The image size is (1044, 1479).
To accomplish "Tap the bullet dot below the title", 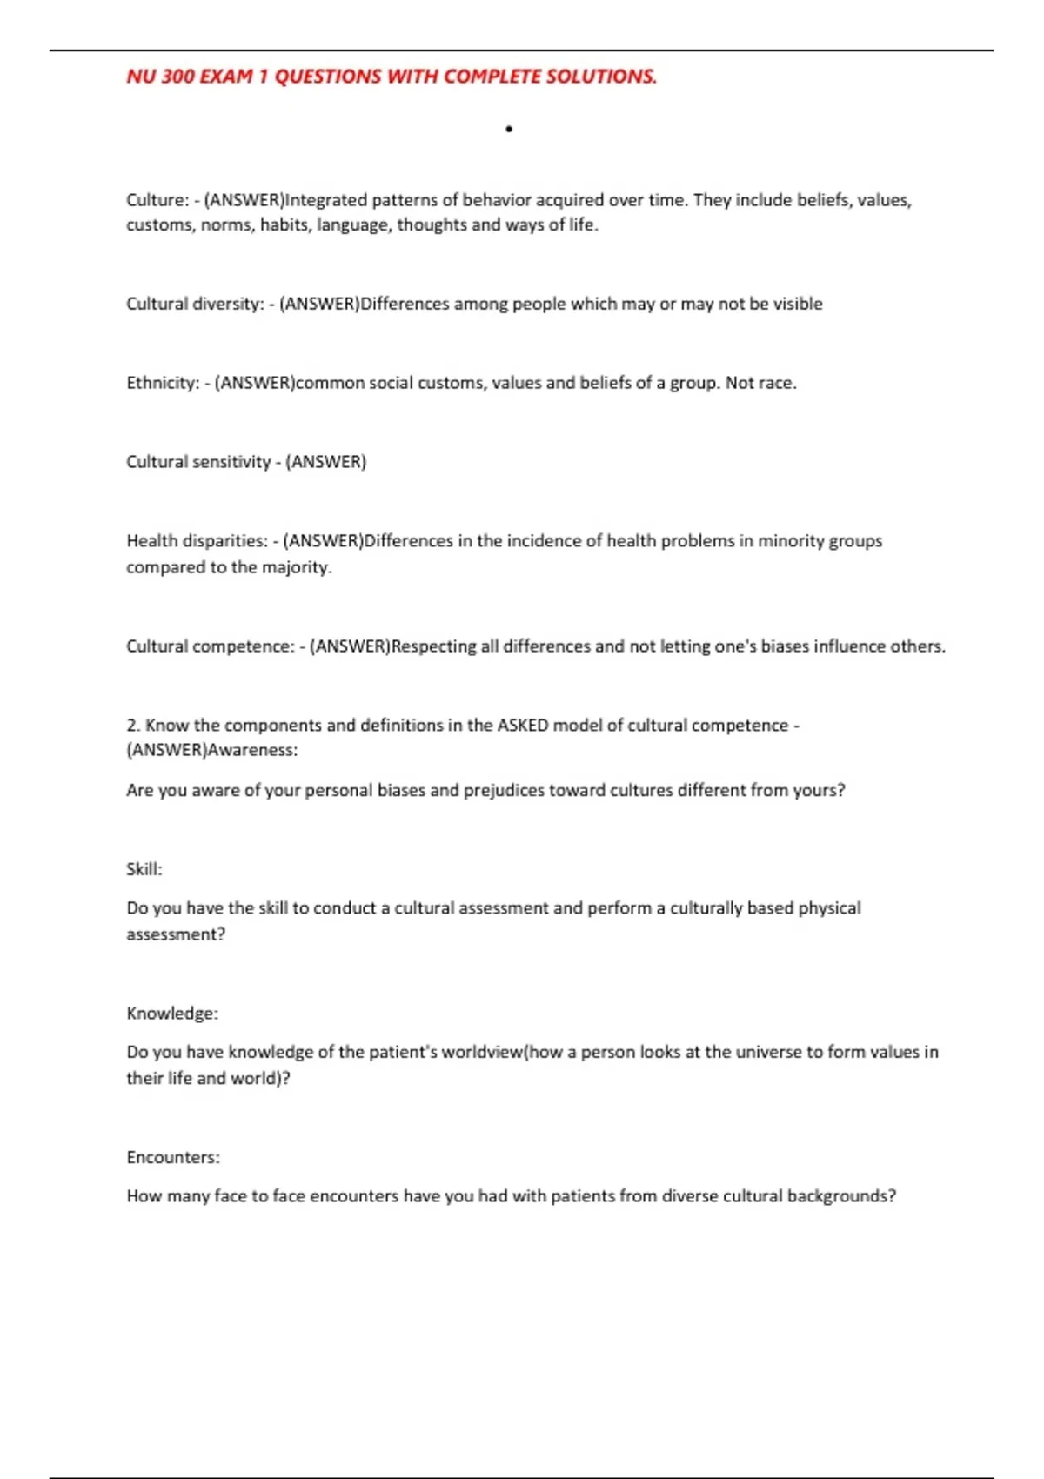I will click(x=509, y=130).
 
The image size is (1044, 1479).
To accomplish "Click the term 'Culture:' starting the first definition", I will click(x=157, y=200).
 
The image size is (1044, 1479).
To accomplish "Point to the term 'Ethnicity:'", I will click(x=163, y=383).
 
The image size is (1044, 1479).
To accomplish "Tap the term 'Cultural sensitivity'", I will click(x=198, y=462).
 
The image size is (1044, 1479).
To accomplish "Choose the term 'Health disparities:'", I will click(x=197, y=541).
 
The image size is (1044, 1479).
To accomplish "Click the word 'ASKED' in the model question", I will click(x=522, y=726).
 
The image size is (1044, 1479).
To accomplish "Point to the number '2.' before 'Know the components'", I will click(x=133, y=726).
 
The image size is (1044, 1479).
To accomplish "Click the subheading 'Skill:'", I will click(x=144, y=869).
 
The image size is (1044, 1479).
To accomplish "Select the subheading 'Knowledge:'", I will click(x=172, y=1014).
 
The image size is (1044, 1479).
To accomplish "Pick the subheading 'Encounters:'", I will click(x=173, y=1158).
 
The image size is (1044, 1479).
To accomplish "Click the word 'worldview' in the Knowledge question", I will click(x=483, y=1052).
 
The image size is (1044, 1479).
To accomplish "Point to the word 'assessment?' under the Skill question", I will click(x=176, y=934).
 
